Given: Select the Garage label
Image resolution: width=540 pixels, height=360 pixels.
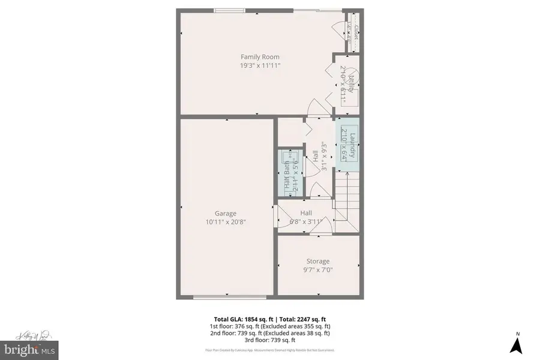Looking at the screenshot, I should (x=226, y=213).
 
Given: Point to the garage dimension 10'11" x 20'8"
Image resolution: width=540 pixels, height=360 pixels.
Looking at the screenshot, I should (x=226, y=221).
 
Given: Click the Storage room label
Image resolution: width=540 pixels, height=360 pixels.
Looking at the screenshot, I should (x=318, y=261).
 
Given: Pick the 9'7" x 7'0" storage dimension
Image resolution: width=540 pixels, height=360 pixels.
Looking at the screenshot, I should (x=318, y=269).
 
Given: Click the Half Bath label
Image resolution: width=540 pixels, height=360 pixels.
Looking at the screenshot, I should (x=287, y=175).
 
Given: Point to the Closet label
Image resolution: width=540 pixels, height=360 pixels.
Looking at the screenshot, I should (x=356, y=32).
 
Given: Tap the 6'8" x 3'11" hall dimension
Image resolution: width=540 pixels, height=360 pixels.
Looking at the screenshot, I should (x=306, y=221).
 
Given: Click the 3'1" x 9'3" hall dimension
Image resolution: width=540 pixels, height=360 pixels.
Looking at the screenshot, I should (x=323, y=157).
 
